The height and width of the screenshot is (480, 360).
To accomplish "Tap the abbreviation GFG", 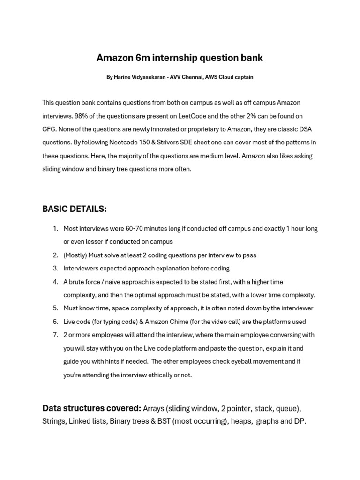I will [x=49, y=129].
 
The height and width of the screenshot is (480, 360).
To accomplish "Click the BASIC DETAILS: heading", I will [x=75, y=209].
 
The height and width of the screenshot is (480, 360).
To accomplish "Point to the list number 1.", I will [x=55, y=229].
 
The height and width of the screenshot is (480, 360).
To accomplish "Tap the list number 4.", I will [x=55, y=282].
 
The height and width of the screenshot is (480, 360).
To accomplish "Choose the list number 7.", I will [x=55, y=335].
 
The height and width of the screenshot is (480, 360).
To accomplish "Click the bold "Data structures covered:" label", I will [x=91, y=408].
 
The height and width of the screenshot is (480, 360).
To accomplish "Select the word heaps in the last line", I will [x=241, y=421].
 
